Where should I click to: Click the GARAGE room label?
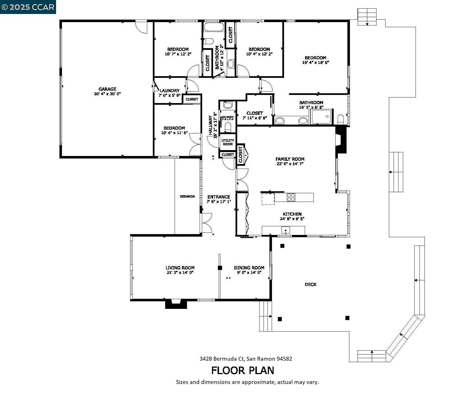[107, 89]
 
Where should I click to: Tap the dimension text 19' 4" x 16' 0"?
[315, 63]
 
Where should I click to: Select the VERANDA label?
[187, 197]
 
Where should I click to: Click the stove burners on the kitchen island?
[291, 197]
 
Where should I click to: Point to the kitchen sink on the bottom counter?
[286, 230]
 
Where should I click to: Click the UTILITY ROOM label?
[228, 142]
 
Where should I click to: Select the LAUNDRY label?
[169, 90]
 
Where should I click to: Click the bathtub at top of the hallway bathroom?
[214, 27]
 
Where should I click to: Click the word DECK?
[310, 285]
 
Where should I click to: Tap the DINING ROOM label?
[249, 268]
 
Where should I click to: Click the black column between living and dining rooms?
[220, 268]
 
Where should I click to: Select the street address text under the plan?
[246, 359]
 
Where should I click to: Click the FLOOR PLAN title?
[243, 370]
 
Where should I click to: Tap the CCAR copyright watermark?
[28, 7]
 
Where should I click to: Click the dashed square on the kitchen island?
[268, 199]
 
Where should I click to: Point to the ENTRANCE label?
[219, 197]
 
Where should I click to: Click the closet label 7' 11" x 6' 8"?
[255, 118]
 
